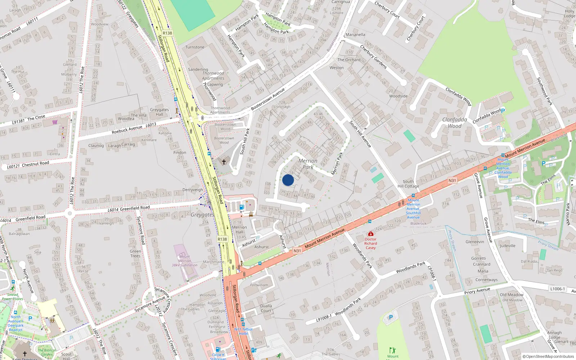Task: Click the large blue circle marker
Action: (288, 180)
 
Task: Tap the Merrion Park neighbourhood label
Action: (308, 164)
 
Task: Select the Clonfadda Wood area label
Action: (455, 123)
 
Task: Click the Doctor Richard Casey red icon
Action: (370, 234)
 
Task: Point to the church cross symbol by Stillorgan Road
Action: (224, 162)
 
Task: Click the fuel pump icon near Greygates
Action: (242, 207)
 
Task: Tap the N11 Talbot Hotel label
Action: (244, 331)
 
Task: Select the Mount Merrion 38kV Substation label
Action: (184, 261)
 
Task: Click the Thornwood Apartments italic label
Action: (213, 76)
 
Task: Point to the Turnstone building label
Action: (195, 47)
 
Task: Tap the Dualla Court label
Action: (266, 308)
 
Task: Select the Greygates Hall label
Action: (159, 112)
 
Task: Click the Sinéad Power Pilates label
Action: (13, 297)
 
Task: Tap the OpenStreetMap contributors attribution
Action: (548, 356)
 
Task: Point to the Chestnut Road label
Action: (35, 164)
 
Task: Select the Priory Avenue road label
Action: (477, 291)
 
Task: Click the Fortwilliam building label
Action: (259, 285)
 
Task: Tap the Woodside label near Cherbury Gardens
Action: (398, 96)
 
